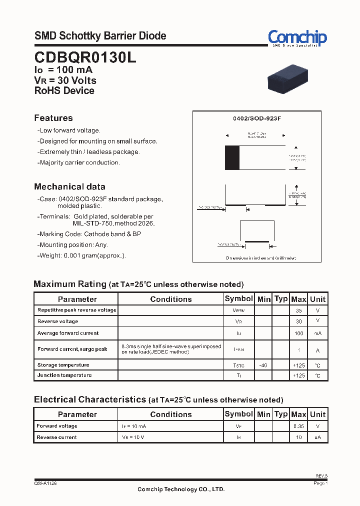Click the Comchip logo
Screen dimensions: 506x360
click(297, 37)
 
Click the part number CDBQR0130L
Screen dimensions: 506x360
click(85, 57)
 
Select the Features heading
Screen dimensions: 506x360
click(53, 118)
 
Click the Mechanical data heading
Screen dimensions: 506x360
click(69, 186)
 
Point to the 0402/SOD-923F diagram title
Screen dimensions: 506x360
click(257, 118)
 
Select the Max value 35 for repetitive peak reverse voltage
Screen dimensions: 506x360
click(298, 310)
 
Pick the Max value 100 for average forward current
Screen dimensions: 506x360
click(298, 333)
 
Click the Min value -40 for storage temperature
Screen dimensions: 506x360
click(263, 365)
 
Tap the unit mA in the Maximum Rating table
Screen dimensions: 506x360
click(317, 333)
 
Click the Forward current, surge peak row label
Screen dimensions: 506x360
click(72, 349)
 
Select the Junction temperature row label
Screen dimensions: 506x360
click(64, 375)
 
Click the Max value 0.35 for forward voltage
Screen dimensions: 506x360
click(298, 426)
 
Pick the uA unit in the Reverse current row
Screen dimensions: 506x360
click(317, 437)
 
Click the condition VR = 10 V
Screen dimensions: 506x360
click(133, 437)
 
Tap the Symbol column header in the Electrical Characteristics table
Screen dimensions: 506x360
click(238, 414)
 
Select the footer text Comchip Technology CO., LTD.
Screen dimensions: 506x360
click(181, 489)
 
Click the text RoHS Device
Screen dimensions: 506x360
click(64, 90)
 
